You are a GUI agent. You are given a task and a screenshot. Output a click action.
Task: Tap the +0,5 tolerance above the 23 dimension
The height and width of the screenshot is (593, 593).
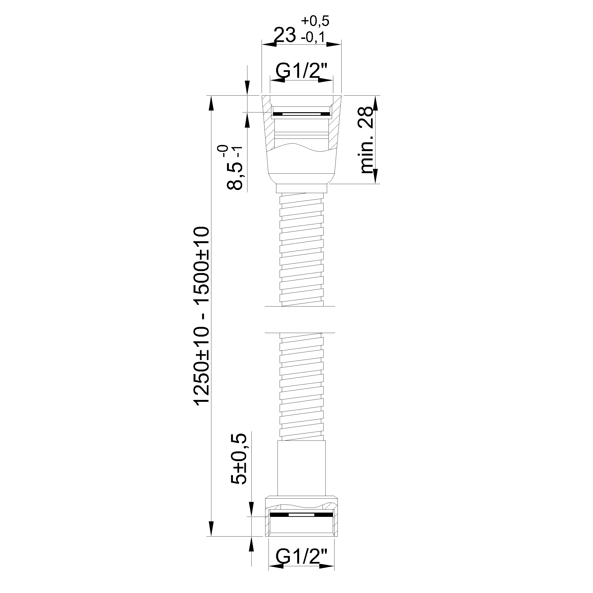[315, 21]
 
